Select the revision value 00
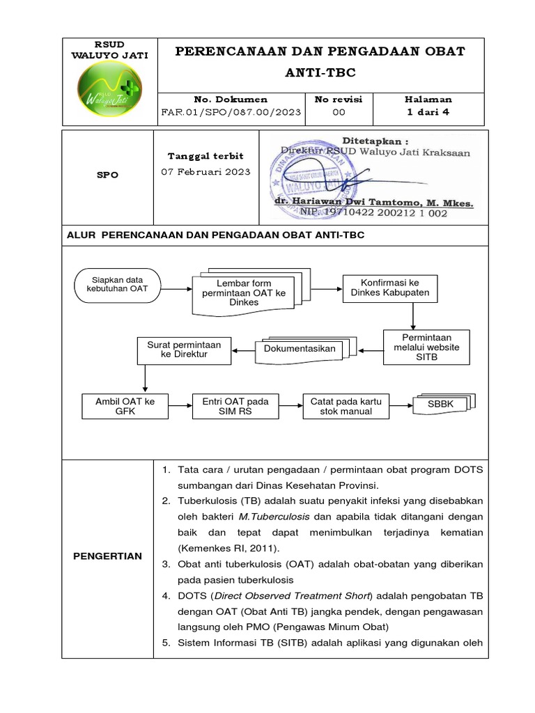click(339, 111)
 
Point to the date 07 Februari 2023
click(206, 172)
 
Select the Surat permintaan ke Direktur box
click(184, 350)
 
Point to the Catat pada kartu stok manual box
click(346, 406)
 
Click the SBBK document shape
click(441, 405)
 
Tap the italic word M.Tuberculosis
click(274, 517)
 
